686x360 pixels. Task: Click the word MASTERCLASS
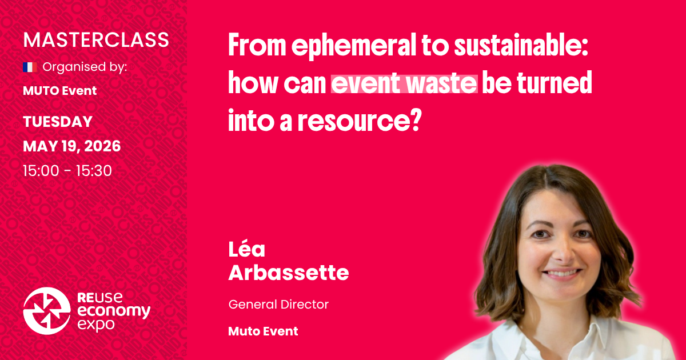pos(96,40)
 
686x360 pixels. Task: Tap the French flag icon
pos(30,67)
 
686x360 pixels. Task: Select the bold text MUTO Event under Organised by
pos(60,90)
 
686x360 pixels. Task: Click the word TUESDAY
pos(58,122)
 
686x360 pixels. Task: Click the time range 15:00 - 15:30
pos(67,170)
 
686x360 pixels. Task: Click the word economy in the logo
pos(113,311)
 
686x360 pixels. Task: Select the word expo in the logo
pos(95,324)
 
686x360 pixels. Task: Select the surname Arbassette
pos(288,273)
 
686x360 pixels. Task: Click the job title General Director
pos(278,305)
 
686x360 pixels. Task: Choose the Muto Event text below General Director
pos(263,331)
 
